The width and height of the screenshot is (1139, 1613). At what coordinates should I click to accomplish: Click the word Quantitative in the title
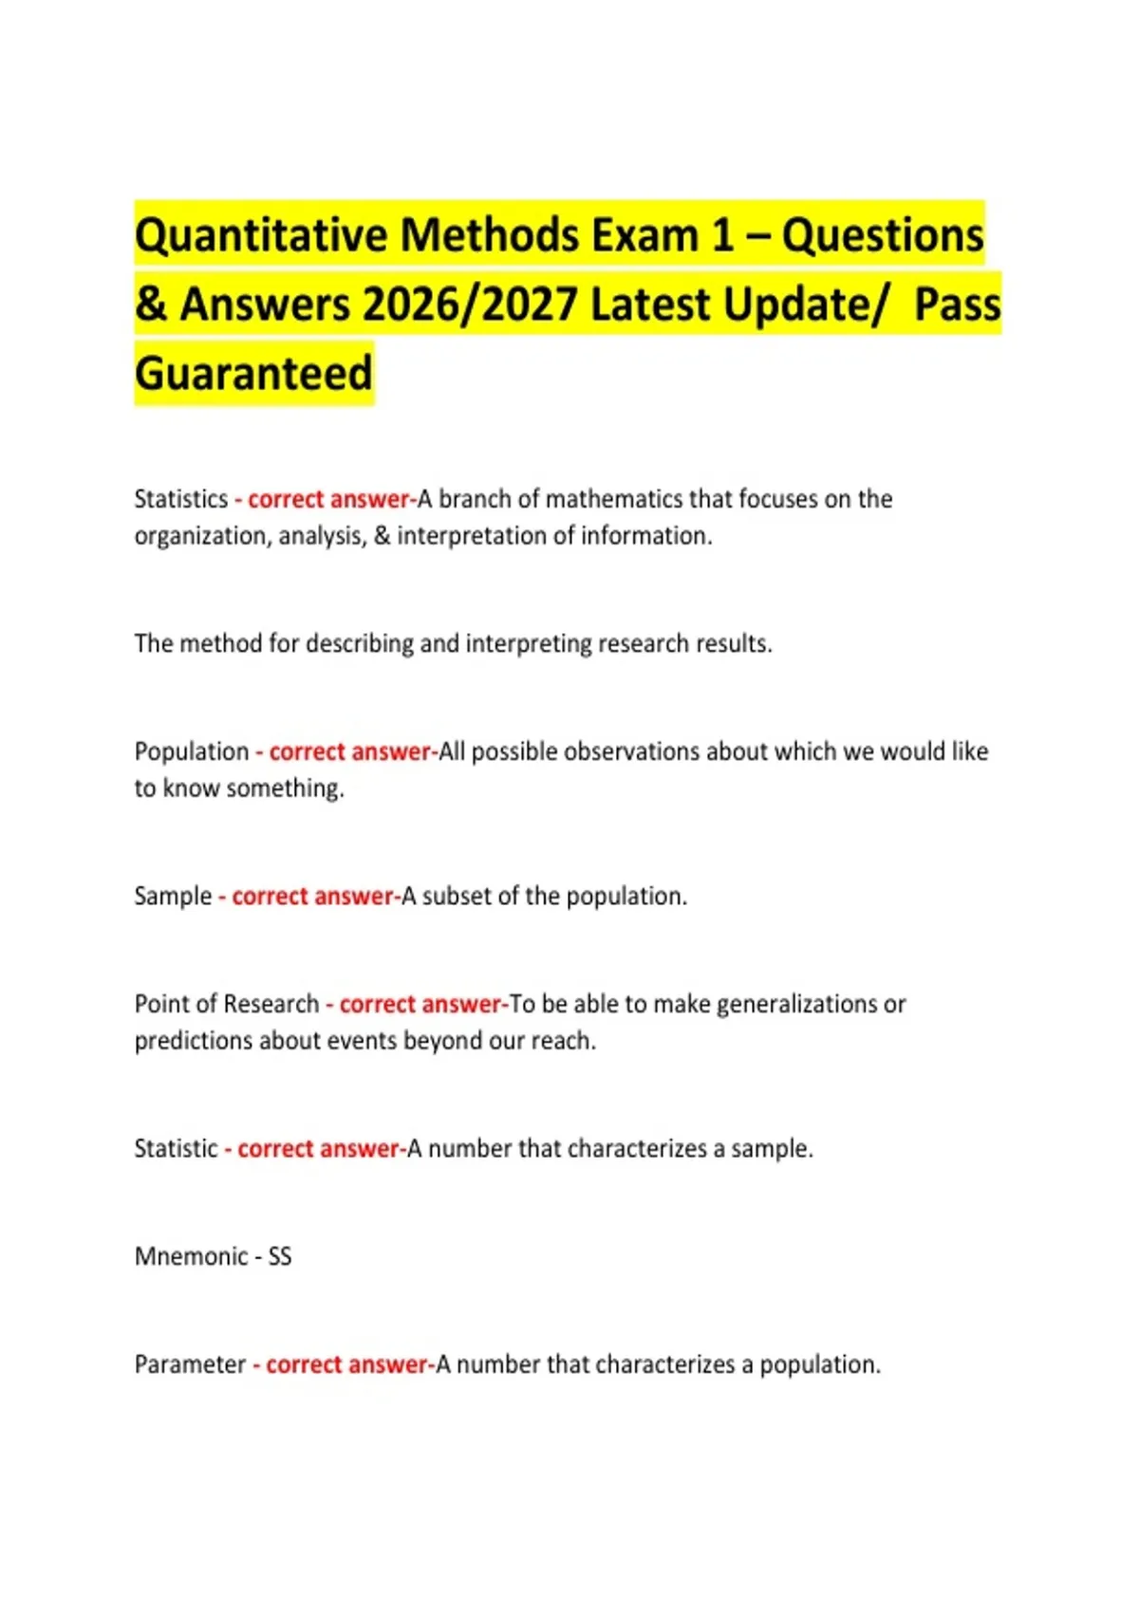click(261, 235)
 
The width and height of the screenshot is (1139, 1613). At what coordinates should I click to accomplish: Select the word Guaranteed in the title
click(253, 373)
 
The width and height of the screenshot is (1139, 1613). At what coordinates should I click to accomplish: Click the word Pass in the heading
click(957, 305)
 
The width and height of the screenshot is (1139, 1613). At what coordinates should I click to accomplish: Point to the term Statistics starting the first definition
click(181, 499)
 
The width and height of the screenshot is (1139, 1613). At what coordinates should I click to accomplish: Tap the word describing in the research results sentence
click(360, 644)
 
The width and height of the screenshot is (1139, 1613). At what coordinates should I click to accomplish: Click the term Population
click(192, 751)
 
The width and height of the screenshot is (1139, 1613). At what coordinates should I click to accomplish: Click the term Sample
click(173, 897)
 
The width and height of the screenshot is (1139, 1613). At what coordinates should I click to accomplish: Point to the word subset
click(458, 897)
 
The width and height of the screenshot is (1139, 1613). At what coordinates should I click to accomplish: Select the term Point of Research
click(227, 1004)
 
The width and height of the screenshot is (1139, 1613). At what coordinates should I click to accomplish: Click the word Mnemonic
click(192, 1256)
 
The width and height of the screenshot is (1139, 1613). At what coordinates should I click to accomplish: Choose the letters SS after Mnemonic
click(280, 1256)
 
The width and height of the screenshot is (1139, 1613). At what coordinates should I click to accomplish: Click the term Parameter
click(190, 1364)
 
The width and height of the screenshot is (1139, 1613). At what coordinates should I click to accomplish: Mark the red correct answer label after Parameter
click(346, 1364)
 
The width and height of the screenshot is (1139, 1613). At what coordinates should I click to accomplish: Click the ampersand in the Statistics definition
click(383, 536)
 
